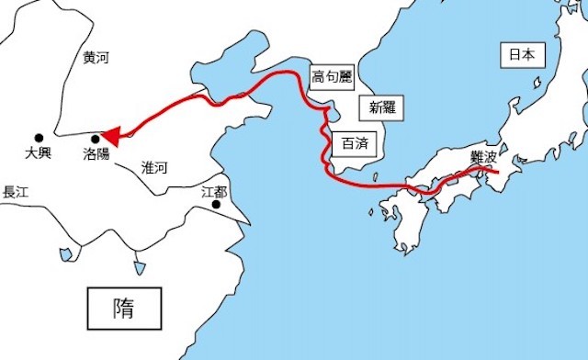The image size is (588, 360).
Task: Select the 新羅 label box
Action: [x=379, y=107]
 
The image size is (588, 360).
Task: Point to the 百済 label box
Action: [x=354, y=143]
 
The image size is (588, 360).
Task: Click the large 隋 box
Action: [x=123, y=307]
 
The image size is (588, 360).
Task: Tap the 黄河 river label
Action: [x=96, y=58]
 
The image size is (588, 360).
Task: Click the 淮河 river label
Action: [x=155, y=167]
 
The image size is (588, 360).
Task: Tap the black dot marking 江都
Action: [x=216, y=205]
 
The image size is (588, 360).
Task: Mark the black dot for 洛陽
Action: [x=96, y=140]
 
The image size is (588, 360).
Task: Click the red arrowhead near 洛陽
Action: [x=109, y=137]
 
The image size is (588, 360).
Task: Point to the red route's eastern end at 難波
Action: [x=496, y=171]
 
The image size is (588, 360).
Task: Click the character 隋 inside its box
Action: [x=123, y=307]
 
